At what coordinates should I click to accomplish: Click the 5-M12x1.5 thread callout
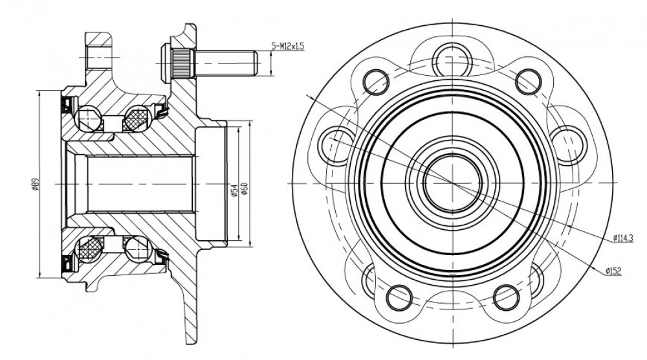(x=288, y=46)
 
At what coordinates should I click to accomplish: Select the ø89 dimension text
(x=36, y=184)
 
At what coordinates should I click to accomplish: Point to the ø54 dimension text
(x=234, y=190)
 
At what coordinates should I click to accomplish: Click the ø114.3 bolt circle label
(x=623, y=238)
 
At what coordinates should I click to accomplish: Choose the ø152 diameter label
(x=613, y=271)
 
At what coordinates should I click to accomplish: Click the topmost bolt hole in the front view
(x=453, y=61)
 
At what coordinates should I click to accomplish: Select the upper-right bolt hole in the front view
(x=529, y=82)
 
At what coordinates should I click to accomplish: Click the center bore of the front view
(x=453, y=183)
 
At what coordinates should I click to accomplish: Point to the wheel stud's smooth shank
(x=226, y=63)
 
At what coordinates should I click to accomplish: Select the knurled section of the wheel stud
(x=183, y=63)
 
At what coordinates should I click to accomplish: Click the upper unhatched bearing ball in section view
(x=89, y=118)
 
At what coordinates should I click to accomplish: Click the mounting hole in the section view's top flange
(x=100, y=56)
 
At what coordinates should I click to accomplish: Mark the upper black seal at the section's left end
(x=65, y=104)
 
